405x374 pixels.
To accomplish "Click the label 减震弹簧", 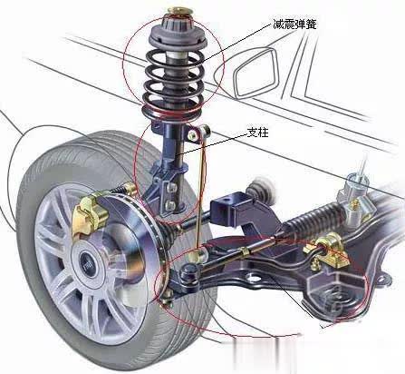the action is [x=294, y=24].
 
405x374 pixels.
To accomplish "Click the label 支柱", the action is [x=257, y=133].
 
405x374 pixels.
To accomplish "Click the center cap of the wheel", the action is [x=89, y=263].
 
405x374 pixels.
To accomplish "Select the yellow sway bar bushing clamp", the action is [x=329, y=251].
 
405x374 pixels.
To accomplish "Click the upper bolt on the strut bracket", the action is [x=171, y=188].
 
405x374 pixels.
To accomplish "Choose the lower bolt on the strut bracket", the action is [x=170, y=206].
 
